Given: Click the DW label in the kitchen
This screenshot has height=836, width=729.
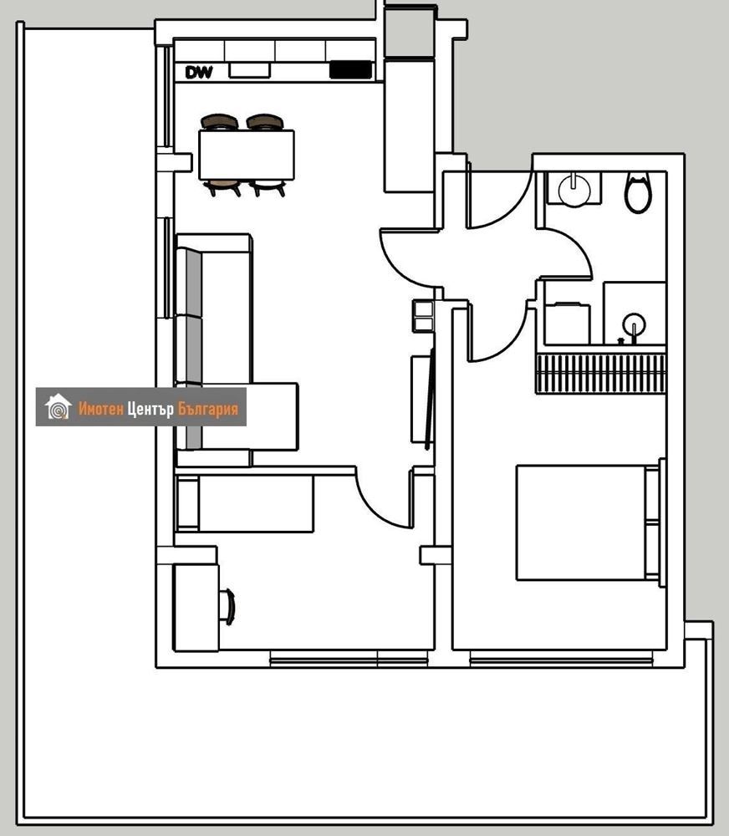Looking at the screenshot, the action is pyautogui.click(x=198, y=72).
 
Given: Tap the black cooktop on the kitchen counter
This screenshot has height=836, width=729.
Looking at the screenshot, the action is pyautogui.click(x=350, y=70).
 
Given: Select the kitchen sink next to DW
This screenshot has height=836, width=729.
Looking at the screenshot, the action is pyautogui.click(x=249, y=70).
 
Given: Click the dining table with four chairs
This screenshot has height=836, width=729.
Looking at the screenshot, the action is pyautogui.click(x=247, y=155).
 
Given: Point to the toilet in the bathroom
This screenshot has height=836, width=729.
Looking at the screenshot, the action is pyautogui.click(x=639, y=192).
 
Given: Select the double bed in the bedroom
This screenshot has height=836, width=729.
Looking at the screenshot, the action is pyautogui.click(x=590, y=522).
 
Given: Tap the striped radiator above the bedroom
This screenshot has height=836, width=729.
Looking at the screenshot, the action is pyautogui.click(x=601, y=373).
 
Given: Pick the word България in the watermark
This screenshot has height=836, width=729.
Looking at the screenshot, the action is pyautogui.click(x=208, y=409).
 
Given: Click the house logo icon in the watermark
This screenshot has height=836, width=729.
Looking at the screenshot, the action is pyautogui.click(x=59, y=407).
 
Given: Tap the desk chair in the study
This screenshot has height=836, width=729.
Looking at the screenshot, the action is pyautogui.click(x=227, y=607).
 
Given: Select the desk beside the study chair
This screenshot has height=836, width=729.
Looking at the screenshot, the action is pyautogui.click(x=196, y=608).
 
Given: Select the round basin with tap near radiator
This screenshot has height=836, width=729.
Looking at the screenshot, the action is pyautogui.click(x=634, y=324).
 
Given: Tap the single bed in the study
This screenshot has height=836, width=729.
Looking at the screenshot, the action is pyautogui.click(x=245, y=503).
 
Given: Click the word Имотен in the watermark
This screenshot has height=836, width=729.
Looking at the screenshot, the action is pyautogui.click(x=101, y=409).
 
